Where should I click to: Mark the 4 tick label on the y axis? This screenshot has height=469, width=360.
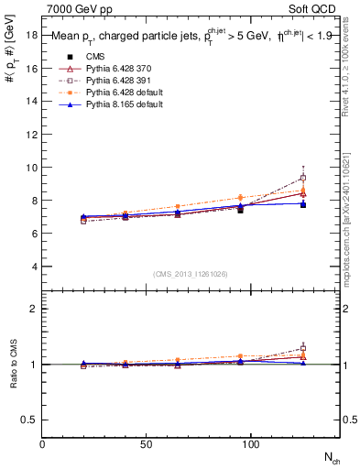[35, 267]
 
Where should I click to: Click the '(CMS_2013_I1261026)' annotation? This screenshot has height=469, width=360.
[191, 273]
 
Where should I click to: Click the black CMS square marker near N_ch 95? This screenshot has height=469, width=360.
[240, 210]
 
